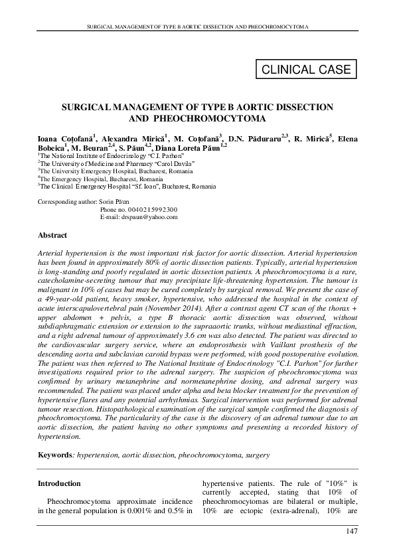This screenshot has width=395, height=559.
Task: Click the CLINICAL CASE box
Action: click(x=307, y=69)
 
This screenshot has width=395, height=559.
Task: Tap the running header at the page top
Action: click(x=197, y=27)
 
